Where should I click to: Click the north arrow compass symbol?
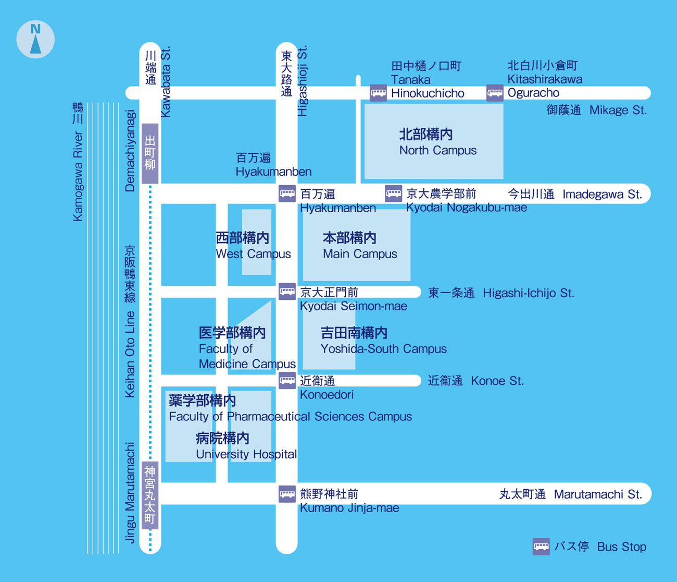pos(35,40)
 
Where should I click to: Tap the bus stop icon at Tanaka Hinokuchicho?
pos(378,93)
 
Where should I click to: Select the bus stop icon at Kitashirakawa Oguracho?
pos(495,93)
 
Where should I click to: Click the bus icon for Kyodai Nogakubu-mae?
pos(393,194)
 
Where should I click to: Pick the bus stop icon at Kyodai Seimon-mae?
pos(287,292)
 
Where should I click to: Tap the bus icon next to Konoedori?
pos(287,380)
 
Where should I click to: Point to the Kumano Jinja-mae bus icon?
pos(287,494)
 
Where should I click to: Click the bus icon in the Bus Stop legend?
pos(541,547)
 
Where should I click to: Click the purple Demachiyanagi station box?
pos(150,153)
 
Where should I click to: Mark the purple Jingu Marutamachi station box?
pos(150,495)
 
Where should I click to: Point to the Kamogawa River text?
pos(78,176)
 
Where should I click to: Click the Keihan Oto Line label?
pos(130,355)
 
